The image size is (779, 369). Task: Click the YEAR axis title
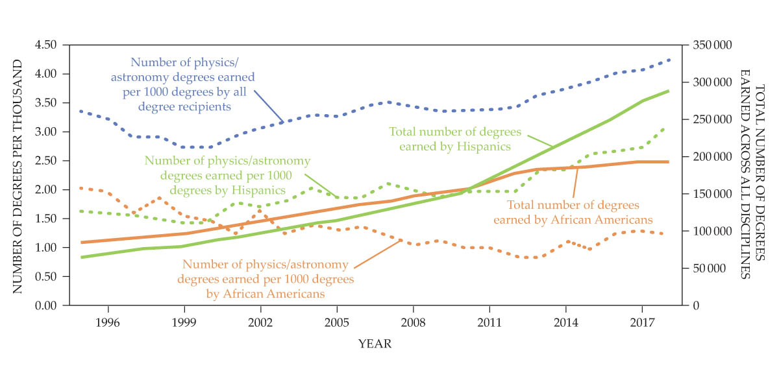[375, 344]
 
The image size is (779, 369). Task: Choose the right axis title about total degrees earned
[751, 175]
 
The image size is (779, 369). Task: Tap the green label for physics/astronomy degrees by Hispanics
[227, 175]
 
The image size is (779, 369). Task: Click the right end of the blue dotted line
[669, 60]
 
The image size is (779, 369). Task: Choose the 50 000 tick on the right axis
[708, 268]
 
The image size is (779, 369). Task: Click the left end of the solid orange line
[81, 242]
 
